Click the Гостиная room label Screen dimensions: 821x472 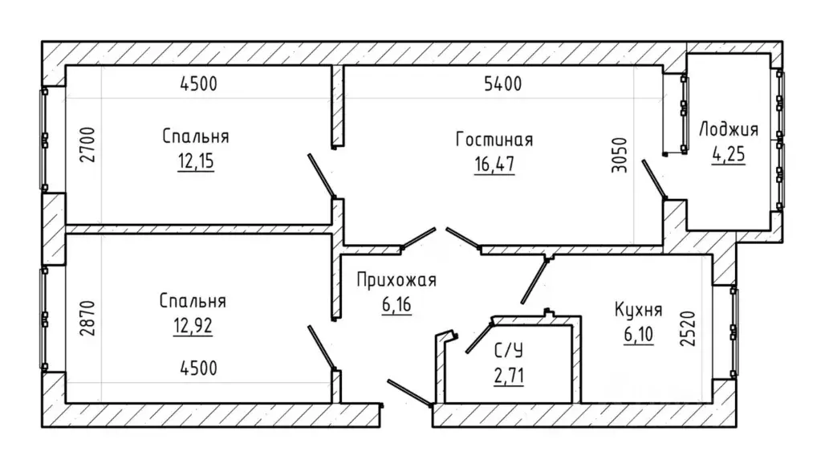click(x=494, y=140)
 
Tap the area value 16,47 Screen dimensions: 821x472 click(x=494, y=165)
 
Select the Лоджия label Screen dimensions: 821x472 click(x=729, y=130)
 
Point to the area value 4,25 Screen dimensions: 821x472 click(x=729, y=155)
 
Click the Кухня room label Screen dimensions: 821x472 click(x=638, y=310)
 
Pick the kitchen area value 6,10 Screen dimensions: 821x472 click(x=638, y=334)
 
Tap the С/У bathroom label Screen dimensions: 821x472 click(x=509, y=351)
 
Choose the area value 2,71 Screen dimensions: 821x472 click(x=509, y=376)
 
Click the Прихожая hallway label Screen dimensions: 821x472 click(x=396, y=280)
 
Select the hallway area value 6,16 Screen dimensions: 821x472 click(x=396, y=304)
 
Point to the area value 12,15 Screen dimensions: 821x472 click(x=196, y=161)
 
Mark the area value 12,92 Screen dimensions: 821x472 click(x=193, y=326)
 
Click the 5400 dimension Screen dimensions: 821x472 click(x=502, y=83)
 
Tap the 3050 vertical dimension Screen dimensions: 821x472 click(x=619, y=155)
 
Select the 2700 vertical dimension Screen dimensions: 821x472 click(x=88, y=144)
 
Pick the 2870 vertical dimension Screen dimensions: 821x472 click(x=88, y=317)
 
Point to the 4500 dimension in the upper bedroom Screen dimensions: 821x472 click(x=198, y=83)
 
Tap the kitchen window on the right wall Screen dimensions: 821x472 click(x=733, y=331)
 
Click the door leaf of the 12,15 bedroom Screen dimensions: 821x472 click(x=322, y=177)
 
